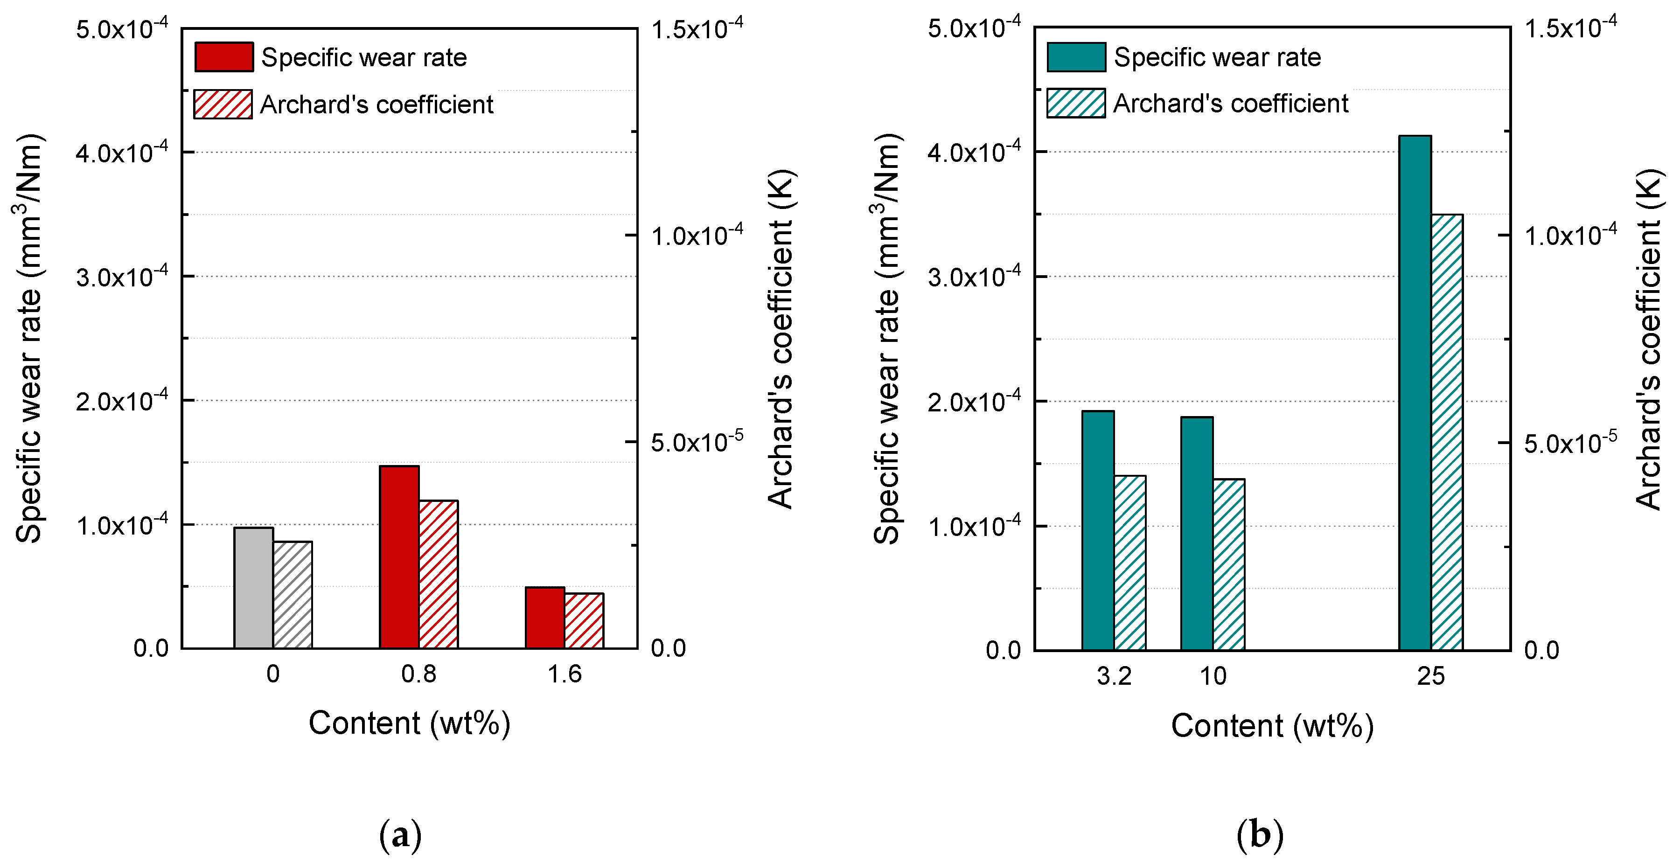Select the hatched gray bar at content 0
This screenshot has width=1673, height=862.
point(292,595)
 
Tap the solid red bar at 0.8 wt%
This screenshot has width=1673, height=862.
point(399,557)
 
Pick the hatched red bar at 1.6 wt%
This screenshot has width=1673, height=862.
point(584,620)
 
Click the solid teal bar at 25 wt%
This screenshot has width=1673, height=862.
point(1415,393)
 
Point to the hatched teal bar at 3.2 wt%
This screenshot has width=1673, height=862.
point(1130,563)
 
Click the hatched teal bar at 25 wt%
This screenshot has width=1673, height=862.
point(1447,431)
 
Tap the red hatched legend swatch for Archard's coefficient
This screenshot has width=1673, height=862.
point(223,104)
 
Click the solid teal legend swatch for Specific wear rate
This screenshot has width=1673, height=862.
point(1076,57)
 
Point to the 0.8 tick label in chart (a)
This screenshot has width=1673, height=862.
point(419,674)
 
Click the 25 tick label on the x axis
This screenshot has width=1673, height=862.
point(1431,676)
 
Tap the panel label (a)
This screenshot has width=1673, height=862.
point(400,835)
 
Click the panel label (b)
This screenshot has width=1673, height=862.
point(1260,835)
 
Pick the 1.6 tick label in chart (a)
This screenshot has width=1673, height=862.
point(565,674)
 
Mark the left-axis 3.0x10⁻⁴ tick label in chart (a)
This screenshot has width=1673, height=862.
point(121,277)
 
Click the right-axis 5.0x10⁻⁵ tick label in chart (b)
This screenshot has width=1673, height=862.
point(1570,443)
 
